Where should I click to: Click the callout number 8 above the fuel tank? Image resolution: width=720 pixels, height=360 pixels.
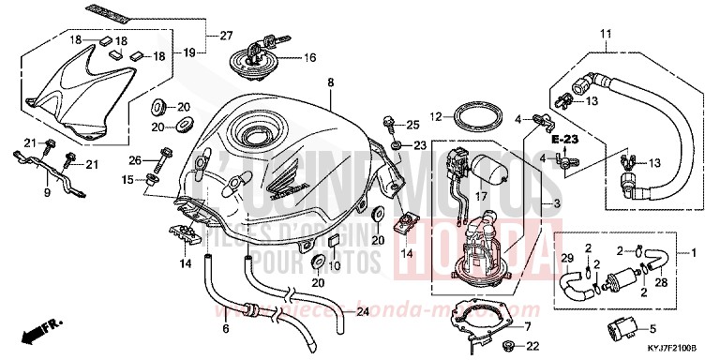coord(330,83)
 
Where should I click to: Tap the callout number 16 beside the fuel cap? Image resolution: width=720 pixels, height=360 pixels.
coord(309,57)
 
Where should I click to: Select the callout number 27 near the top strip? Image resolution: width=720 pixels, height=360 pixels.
coord(225,37)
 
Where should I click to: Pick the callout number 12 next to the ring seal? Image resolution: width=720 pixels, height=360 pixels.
coord(435,116)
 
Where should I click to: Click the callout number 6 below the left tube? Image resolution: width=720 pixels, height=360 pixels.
coord(226,330)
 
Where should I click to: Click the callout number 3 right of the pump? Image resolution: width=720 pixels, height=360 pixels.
coord(557,203)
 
